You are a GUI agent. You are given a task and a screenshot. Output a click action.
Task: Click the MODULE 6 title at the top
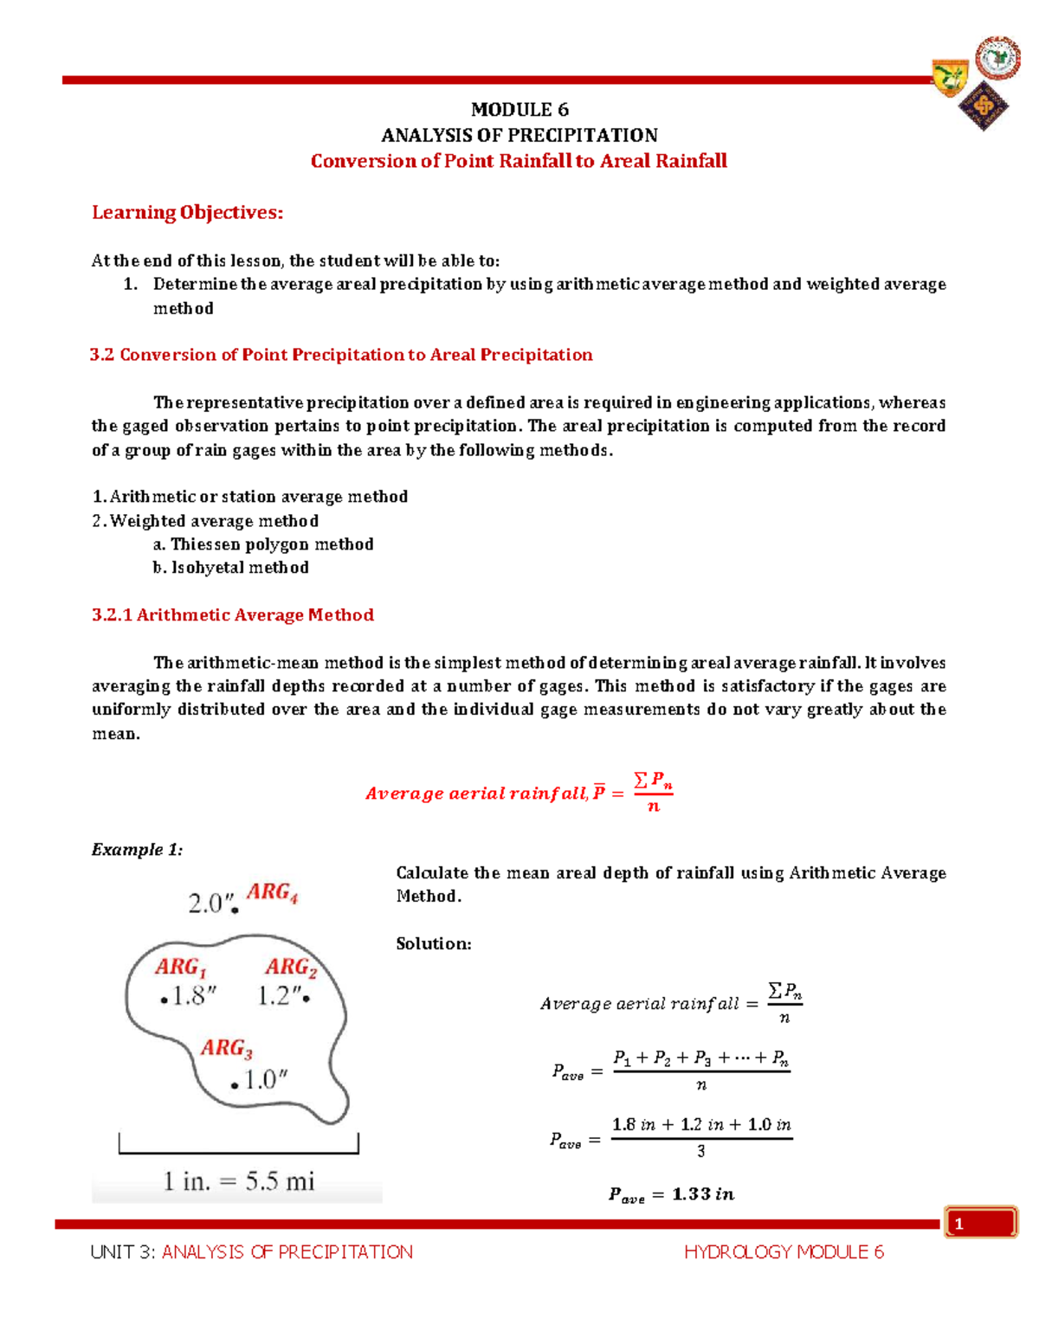coord(519,110)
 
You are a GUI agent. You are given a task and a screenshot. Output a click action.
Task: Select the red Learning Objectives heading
coord(187,213)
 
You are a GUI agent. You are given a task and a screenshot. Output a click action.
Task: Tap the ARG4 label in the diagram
coord(272,892)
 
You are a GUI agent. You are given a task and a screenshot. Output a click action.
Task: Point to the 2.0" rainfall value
coord(210,904)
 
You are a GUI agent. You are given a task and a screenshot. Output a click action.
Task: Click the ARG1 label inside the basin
coord(180,967)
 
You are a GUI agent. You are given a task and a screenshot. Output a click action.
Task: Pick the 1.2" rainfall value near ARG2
coord(279,997)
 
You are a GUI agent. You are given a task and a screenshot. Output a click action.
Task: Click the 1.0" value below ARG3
coord(264,1080)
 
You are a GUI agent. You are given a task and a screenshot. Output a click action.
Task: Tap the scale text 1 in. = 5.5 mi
coord(239,1181)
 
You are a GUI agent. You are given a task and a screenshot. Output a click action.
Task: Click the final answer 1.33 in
coord(702,1194)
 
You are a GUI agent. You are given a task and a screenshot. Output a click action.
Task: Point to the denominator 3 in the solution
coord(700,1152)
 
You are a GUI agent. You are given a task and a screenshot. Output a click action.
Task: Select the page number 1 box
coord(981,1223)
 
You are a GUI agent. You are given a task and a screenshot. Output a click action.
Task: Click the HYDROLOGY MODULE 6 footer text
coord(784,1252)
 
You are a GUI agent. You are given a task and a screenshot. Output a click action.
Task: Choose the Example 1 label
coord(137,850)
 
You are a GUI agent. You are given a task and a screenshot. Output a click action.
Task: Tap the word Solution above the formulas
coord(433,944)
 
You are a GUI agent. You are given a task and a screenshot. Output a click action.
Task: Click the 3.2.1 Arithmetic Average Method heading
coord(233,615)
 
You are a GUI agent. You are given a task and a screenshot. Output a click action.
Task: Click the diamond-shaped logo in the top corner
coord(984,106)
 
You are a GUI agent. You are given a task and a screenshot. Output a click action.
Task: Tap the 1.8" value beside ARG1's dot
coord(192,997)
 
